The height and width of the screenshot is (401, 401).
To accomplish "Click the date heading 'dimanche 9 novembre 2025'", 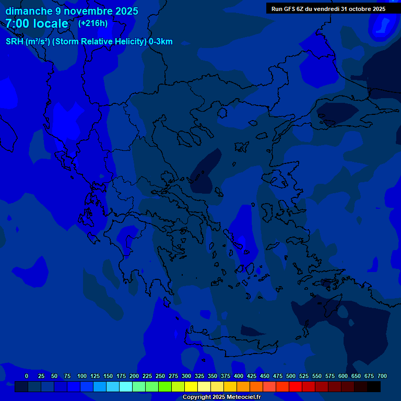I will pyautogui.click(x=72, y=11).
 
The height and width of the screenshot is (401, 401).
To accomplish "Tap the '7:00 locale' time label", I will pyautogui.click(x=37, y=23).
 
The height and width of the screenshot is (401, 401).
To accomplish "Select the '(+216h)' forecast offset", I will pyautogui.click(x=93, y=23).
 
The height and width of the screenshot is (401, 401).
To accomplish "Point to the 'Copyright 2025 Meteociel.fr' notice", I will pyautogui.click(x=221, y=397).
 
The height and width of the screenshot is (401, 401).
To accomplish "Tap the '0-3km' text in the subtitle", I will pyautogui.click(x=160, y=42).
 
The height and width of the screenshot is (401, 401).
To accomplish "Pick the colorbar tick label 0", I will pyautogui.click(x=27, y=376).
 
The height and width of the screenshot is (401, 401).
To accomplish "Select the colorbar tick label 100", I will pyautogui.click(x=82, y=376).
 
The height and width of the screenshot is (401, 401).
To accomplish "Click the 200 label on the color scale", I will pyautogui.click(x=134, y=376).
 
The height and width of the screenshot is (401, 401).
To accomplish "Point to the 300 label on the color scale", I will pyautogui.click(x=186, y=376).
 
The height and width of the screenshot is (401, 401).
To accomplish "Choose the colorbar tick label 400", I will pyautogui.click(x=239, y=376).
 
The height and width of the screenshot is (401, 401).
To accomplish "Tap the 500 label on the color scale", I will pyautogui.click(x=291, y=376).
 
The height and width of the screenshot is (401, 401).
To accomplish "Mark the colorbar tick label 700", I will pyautogui.click(x=382, y=376).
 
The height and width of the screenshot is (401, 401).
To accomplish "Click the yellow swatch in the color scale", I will pyautogui.click(x=191, y=387).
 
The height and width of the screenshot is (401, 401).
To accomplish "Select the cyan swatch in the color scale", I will pyautogui.click(x=126, y=387).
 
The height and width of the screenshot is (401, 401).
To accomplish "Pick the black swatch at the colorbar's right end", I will pyautogui.click(x=374, y=387).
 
